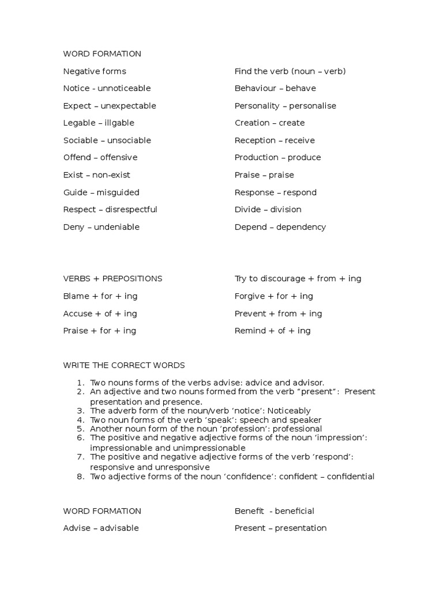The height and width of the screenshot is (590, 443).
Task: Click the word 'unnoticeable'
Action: [124, 88]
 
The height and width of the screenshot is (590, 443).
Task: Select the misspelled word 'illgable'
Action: [119, 123]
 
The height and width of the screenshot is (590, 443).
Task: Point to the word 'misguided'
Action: [118, 192]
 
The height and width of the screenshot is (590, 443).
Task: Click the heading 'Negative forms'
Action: [95, 71]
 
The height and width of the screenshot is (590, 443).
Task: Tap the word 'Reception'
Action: [255, 140]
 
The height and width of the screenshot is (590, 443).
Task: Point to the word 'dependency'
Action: [301, 227]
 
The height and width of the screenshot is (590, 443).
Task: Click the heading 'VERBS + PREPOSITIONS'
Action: [112, 279]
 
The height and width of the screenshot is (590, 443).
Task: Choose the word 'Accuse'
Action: [78, 313]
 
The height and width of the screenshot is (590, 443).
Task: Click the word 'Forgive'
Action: [250, 296]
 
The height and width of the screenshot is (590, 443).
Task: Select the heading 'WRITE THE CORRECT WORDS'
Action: [124, 365]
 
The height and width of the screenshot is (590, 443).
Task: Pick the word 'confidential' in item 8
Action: [348, 476]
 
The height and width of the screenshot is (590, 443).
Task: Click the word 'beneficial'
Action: [294, 511]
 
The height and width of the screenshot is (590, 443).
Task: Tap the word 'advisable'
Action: [119, 528]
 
